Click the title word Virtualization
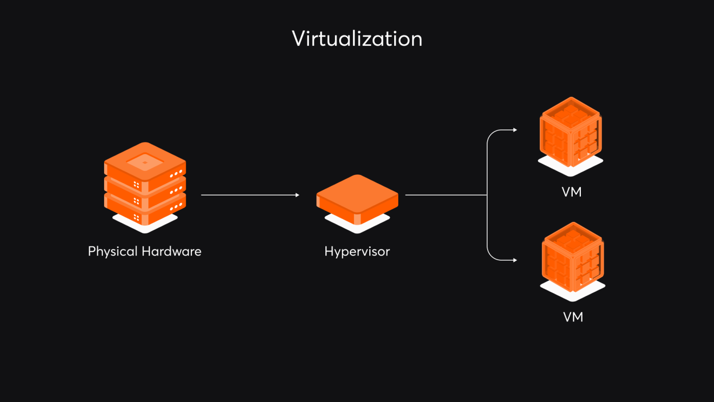(357, 39)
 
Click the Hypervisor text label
(357, 252)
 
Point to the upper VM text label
(571, 192)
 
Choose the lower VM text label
(573, 317)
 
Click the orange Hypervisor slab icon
(357, 196)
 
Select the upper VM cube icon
(571, 132)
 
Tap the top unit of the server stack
(145, 163)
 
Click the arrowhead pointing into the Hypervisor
(297, 195)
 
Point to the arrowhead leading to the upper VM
(515, 130)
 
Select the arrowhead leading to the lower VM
(515, 260)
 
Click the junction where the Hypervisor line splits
(487, 195)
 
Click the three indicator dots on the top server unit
(176, 174)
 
